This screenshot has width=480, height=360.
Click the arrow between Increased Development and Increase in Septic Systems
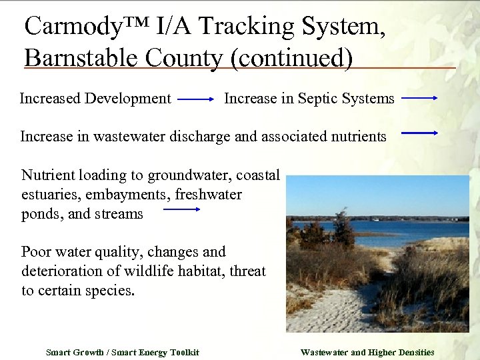[x=196, y=99]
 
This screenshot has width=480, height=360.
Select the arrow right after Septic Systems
[x=420, y=99]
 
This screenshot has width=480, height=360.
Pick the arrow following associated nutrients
[x=420, y=133]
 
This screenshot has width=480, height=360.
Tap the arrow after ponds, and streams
[x=182, y=209]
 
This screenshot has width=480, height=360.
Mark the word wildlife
[x=171, y=271]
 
